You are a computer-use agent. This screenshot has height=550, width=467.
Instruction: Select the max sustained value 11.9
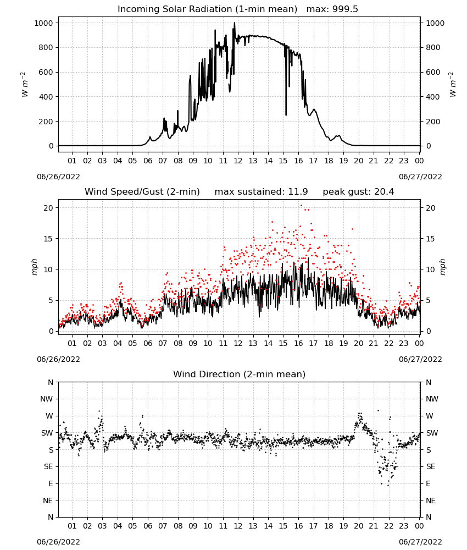pos(298,192)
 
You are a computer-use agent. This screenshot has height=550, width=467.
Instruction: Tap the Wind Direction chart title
pos(240,374)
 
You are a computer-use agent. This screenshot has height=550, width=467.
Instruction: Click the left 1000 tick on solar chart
pos(43,23)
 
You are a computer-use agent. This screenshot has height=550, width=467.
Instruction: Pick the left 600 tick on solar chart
pos(46,72)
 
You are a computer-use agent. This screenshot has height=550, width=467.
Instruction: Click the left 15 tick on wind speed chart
pos(48,239)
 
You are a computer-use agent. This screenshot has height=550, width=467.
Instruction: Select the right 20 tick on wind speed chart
pos(431,208)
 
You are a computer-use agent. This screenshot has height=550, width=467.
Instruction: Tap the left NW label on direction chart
pos(47,399)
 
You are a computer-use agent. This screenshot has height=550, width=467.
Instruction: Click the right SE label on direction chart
pos(431,467)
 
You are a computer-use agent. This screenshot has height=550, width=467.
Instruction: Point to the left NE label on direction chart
pos(48,501)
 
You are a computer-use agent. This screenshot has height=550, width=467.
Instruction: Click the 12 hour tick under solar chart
pos(238,161)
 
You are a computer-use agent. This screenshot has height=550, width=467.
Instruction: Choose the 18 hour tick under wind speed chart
pos(328,343)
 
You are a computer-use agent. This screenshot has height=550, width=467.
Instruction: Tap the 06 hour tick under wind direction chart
pos(147,526)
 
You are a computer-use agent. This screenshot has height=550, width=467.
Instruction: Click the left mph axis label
pos(34,267)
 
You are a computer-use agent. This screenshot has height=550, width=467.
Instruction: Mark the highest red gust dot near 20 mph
pos(301,205)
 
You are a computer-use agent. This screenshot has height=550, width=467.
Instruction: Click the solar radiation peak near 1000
pos(235,23)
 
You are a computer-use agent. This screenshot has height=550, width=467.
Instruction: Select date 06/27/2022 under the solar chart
pos(420,177)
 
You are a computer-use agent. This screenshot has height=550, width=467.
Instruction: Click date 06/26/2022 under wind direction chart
pos(58,542)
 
